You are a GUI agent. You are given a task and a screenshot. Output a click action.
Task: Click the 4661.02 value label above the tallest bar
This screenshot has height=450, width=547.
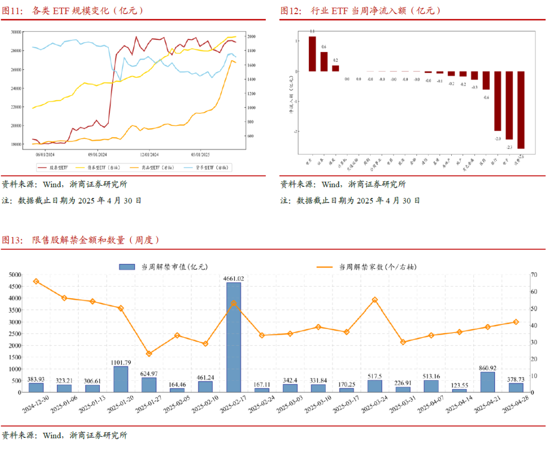point(233,278)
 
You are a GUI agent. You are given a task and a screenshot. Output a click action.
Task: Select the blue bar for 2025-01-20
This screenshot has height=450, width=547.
point(121,379)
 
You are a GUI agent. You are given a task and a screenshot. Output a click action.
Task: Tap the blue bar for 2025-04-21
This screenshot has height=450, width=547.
point(487,382)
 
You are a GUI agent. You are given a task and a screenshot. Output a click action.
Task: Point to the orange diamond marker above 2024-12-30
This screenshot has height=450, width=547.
point(36,281)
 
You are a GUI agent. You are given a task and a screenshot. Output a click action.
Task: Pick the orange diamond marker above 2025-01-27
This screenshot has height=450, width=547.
point(149,354)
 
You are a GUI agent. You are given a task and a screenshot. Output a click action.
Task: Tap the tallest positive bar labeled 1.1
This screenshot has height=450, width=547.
point(312,54)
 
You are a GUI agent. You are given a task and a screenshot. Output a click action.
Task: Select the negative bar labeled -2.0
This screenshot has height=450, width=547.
point(497,101)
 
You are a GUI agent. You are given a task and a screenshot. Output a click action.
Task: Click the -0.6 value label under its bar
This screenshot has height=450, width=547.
point(486,98)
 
